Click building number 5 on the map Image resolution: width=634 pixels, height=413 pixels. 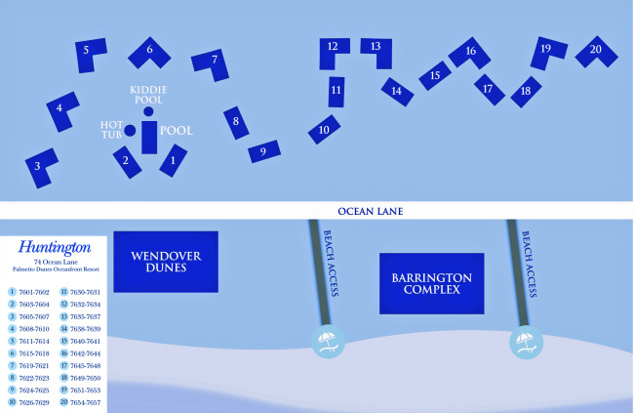point(90,53)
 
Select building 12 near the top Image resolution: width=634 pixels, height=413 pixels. point(334,49)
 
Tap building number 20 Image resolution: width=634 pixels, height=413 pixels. point(595,51)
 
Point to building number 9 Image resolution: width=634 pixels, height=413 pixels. point(263,151)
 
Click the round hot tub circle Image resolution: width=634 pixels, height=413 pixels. point(129,131)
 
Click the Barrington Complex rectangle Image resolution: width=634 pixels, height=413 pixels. point(431,283)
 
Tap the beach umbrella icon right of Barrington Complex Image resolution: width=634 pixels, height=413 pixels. point(526,341)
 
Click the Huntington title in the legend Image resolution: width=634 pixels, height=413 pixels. point(54,248)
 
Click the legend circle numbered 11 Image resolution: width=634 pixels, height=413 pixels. point(63,291)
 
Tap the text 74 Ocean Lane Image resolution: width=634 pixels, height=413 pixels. point(54,262)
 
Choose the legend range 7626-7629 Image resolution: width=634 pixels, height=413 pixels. point(34,402)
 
